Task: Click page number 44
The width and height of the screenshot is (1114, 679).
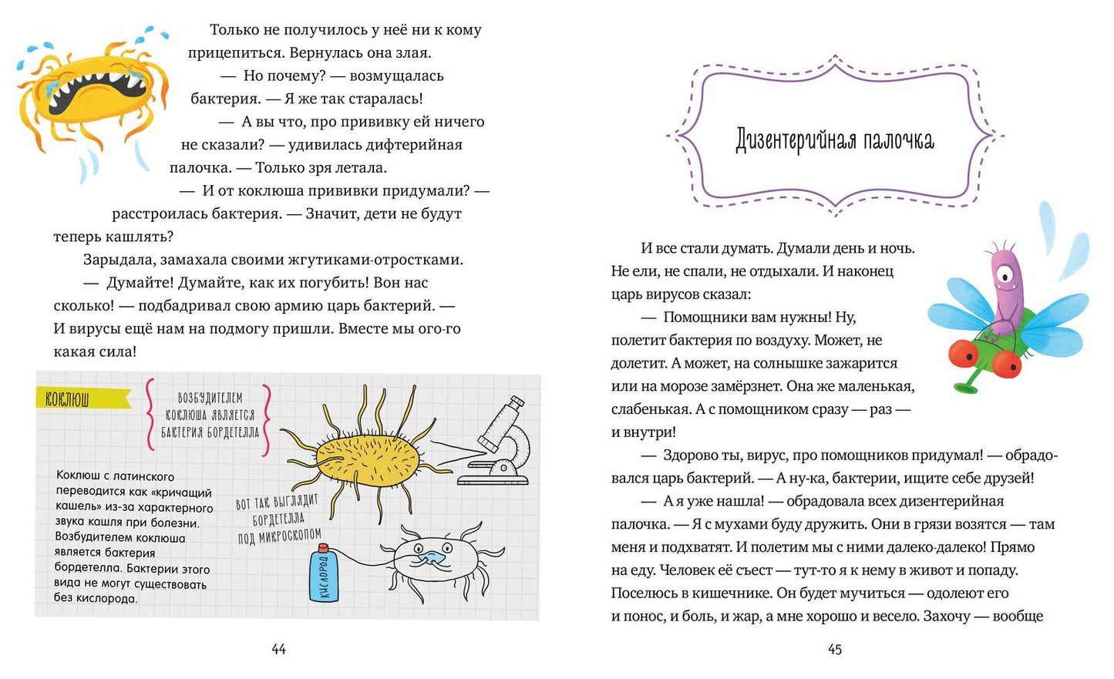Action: [x=279, y=650]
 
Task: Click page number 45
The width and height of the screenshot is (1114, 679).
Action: [x=835, y=650]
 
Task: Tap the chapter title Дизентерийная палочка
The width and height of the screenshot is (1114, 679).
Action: [x=835, y=140]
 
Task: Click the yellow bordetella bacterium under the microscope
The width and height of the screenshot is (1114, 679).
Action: [x=368, y=459]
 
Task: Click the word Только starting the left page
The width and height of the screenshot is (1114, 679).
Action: [x=235, y=30]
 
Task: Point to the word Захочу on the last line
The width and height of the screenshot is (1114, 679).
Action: [x=947, y=617]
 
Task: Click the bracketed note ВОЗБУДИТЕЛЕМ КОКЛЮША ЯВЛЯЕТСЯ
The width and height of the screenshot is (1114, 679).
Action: [x=210, y=415]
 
